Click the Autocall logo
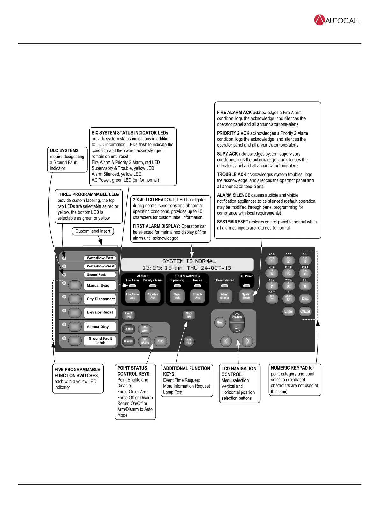(x=337, y=20)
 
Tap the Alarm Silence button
(x=225, y=296)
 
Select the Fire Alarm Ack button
(x=132, y=296)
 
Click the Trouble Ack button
(x=198, y=296)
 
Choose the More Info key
(x=189, y=315)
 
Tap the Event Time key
(x=128, y=315)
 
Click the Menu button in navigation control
(x=220, y=322)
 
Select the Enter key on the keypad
(x=289, y=311)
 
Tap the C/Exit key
(x=305, y=311)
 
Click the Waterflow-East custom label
(x=100, y=258)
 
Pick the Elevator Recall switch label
(x=100, y=312)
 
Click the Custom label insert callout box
(x=93, y=231)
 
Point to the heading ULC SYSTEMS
(x=64, y=150)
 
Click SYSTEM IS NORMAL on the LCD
(x=189, y=261)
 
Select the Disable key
(x=128, y=341)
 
